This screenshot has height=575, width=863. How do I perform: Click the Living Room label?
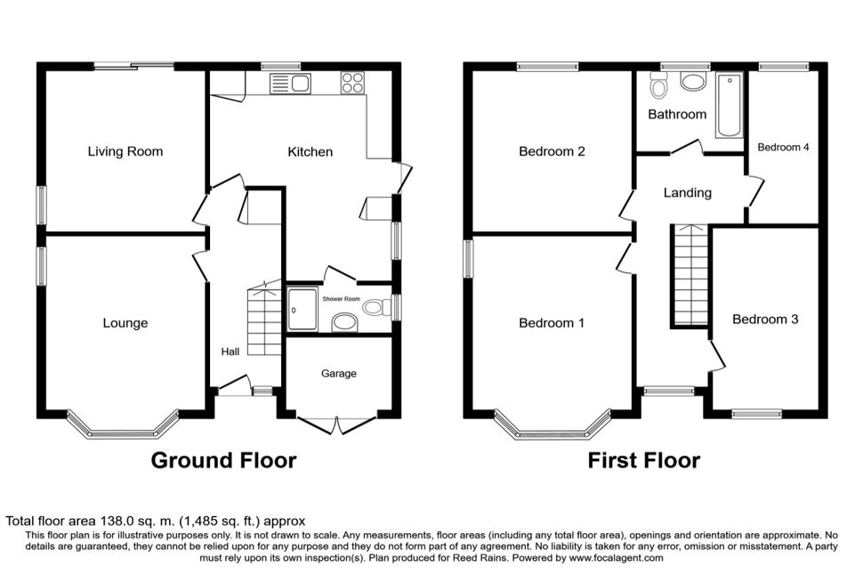(125, 151)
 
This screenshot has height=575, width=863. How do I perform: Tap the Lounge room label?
(125, 323)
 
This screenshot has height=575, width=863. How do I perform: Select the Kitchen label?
(311, 152)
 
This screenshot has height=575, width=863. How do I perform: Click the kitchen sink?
(290, 84)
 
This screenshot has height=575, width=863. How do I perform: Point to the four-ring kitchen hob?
(352, 83)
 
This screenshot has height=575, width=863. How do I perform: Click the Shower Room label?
(342, 299)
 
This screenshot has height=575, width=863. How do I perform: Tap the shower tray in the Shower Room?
(302, 310)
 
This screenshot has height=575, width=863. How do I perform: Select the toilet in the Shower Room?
(377, 307)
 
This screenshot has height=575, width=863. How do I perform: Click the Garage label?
(339, 374)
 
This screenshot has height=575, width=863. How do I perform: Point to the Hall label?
(230, 352)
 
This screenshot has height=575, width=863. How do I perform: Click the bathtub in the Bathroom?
(730, 105)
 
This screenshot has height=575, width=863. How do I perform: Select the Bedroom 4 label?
(783, 147)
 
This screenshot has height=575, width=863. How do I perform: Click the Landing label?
(688, 193)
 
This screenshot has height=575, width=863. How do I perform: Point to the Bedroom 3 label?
(766, 320)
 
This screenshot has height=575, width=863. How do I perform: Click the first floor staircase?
(690, 277)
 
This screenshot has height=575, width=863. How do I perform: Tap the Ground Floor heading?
(223, 460)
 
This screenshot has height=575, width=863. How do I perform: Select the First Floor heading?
(644, 460)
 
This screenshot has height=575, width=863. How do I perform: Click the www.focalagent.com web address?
(616, 558)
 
